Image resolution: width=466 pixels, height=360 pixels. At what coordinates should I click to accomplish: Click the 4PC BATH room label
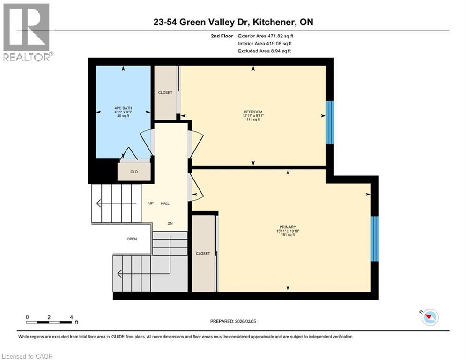click(123, 112)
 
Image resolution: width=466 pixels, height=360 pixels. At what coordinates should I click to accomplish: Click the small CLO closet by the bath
click(134, 172)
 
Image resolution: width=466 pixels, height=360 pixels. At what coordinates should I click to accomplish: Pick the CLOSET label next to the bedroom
click(165, 93)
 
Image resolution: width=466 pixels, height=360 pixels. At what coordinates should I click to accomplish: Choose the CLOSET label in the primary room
click(203, 253)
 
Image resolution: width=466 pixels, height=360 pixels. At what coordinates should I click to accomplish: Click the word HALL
click(165, 203)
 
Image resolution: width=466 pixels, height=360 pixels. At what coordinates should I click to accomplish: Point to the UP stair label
click(151, 203)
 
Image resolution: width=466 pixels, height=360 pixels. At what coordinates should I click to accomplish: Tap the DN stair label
click(170, 223)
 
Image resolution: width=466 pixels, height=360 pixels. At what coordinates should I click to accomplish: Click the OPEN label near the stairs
click(132, 239)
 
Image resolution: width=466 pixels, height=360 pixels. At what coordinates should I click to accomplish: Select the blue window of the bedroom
click(330, 122)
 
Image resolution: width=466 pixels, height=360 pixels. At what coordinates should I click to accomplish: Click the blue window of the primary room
click(374, 239)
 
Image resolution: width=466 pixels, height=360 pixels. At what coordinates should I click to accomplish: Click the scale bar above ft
click(49, 322)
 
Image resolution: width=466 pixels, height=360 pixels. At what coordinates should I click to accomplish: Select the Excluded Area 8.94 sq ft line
click(265, 51)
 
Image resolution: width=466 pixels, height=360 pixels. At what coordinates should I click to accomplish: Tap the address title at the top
click(233, 22)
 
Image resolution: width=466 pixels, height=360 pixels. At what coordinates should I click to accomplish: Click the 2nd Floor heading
click(222, 36)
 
